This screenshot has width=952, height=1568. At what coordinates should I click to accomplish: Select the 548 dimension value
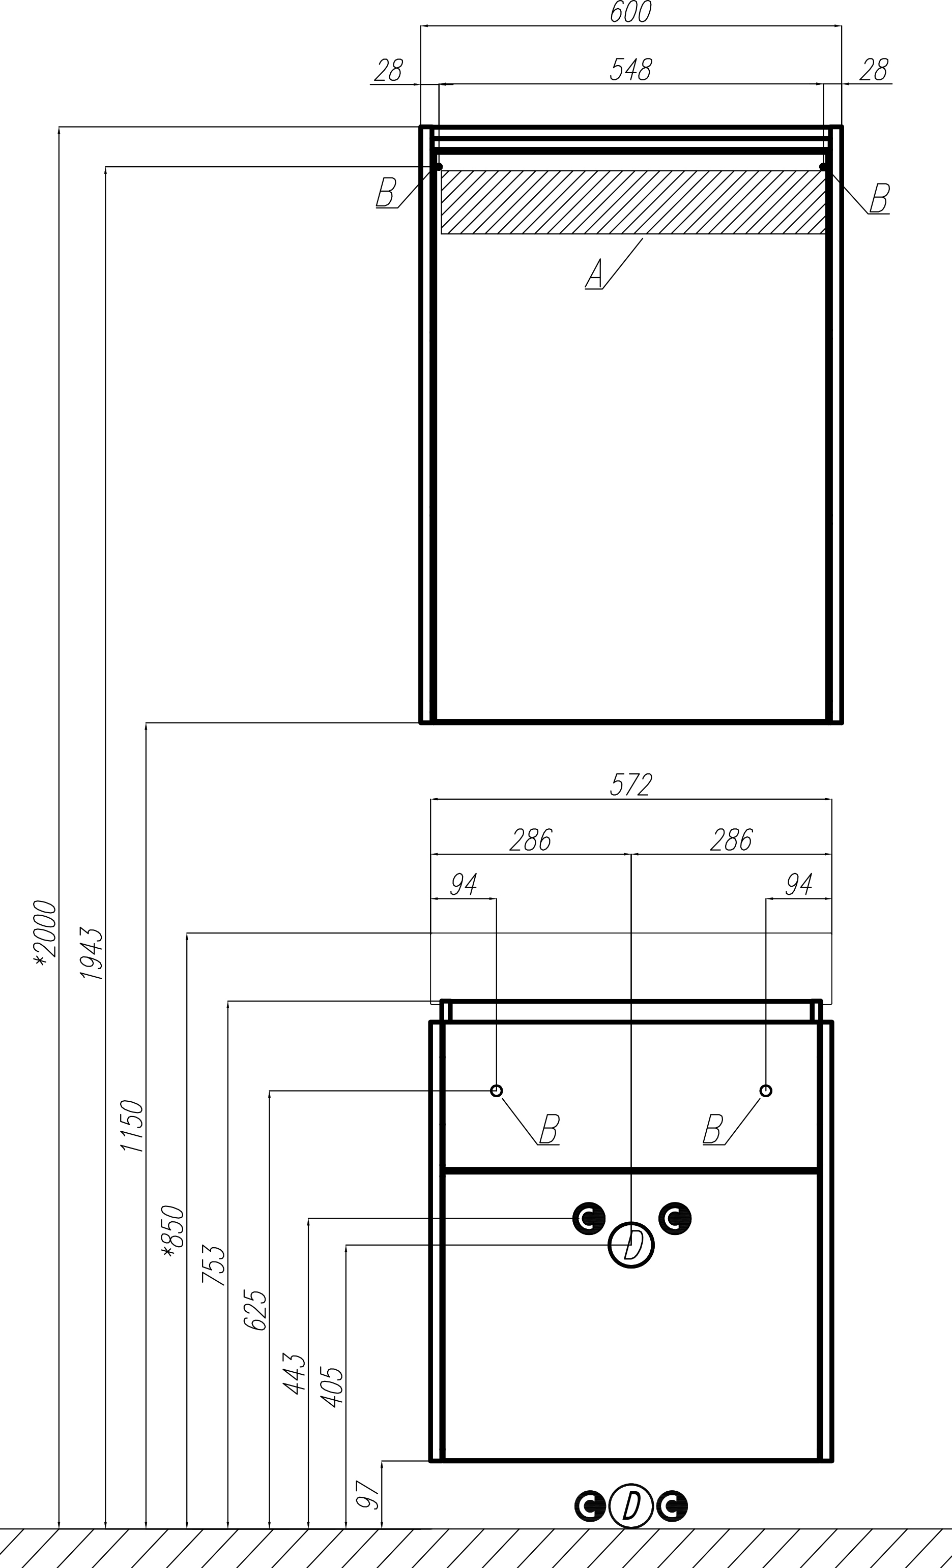630,70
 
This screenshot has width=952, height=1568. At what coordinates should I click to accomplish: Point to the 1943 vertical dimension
92,953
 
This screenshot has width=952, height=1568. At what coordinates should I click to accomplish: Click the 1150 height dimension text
132,1126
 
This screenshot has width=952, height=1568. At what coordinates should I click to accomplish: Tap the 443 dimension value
295,1374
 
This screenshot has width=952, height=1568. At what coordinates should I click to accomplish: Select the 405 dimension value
332,1386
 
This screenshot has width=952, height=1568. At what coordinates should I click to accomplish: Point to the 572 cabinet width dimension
631,785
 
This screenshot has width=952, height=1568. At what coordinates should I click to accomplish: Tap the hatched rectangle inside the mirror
633,202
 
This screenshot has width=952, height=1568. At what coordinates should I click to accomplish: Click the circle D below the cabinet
630,1505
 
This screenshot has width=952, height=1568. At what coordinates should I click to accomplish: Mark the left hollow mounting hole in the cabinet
497,1091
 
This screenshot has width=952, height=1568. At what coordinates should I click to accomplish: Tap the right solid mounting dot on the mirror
823,167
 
